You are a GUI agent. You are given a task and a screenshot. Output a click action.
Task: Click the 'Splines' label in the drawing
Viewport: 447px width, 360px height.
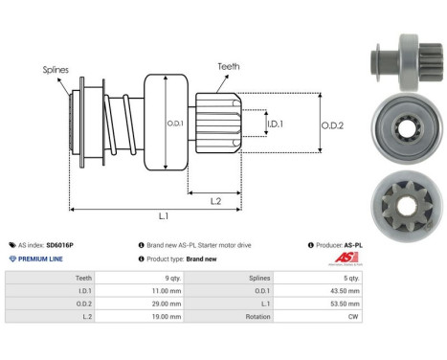55,70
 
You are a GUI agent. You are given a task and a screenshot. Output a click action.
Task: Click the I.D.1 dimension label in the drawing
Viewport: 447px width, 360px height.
274,124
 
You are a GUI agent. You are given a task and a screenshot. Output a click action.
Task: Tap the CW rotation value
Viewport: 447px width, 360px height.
354,318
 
